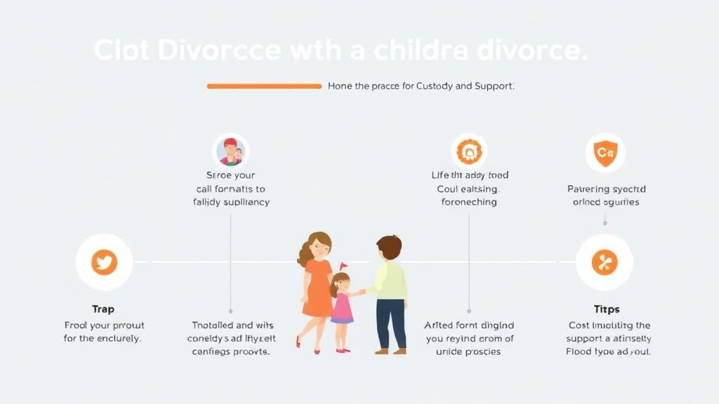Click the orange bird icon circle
tap(104, 262)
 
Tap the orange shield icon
tap(605, 152)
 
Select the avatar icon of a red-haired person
tap(230, 151)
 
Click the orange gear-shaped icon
tap(468, 151)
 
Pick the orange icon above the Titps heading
tap(604, 262)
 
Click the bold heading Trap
tap(103, 309)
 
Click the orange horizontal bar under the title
tap(264, 86)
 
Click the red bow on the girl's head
tap(343, 266)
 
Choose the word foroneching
tap(468, 202)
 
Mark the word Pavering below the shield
tap(587, 189)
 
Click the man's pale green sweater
tap(390, 280)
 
